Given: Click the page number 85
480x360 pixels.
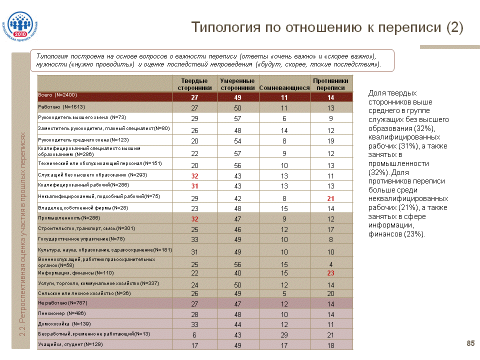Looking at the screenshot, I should point(470,342).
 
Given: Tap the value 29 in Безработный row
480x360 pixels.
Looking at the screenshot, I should point(284,334).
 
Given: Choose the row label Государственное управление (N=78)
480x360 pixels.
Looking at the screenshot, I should point(81,238).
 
